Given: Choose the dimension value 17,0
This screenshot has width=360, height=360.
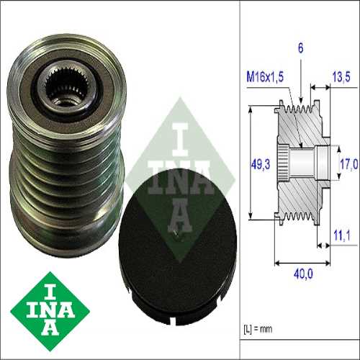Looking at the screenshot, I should (x=348, y=164).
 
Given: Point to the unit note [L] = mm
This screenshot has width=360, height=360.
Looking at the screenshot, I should (x=259, y=330).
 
